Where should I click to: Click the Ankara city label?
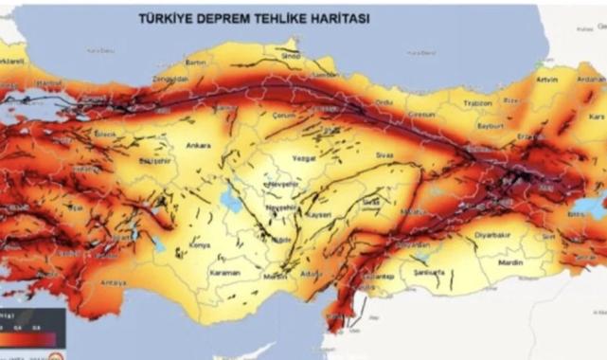[199, 147]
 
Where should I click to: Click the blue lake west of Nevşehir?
[229, 198]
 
